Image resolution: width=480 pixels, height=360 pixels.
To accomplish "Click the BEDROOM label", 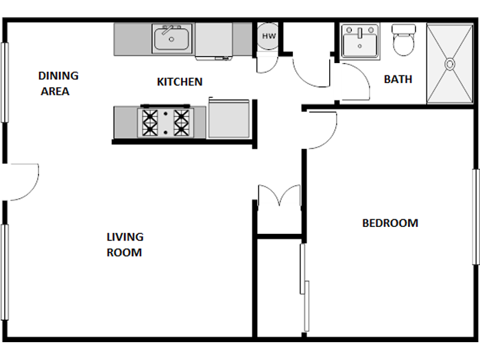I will point(389,223).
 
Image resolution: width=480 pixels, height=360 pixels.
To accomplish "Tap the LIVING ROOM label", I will point(124,245).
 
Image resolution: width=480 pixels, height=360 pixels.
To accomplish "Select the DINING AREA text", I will point(58,83).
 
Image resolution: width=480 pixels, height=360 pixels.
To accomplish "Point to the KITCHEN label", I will point(180,82).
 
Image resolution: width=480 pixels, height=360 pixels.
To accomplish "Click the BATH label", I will point(398,79).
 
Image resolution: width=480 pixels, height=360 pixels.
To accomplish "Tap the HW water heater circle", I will point(268,36).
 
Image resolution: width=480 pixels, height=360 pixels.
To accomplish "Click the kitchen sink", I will point(172,39).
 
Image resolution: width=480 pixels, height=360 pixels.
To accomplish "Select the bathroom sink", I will point(360,42).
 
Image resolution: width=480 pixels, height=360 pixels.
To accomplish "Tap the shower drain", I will point(450,64).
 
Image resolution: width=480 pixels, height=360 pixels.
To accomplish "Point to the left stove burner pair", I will point(150,123).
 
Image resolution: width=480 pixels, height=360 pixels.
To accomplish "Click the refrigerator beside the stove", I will point(229,120).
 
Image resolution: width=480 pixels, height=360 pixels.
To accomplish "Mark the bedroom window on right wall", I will point(475,216).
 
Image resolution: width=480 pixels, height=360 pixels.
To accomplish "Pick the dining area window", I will point(4,82).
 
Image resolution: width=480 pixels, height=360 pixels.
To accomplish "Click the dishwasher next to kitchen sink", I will point(214,40).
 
